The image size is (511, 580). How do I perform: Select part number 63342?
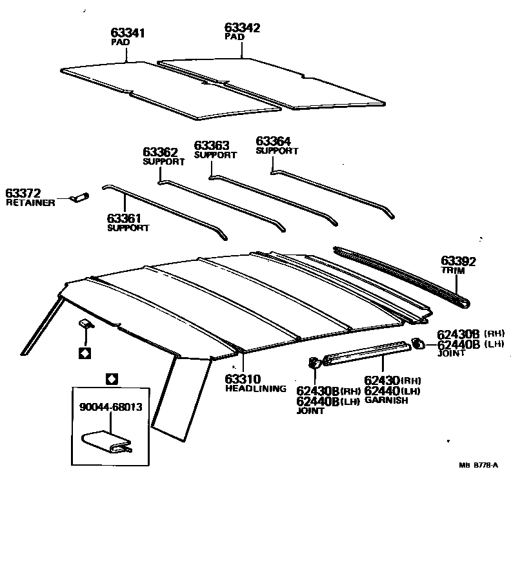(x=242, y=28)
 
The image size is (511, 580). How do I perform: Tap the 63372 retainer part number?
(x=23, y=193)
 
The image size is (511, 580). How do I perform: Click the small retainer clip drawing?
(x=80, y=196)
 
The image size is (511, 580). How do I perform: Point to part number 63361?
(x=125, y=219)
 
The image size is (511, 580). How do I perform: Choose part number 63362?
(x=160, y=152)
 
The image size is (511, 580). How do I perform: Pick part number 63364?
(x=274, y=141)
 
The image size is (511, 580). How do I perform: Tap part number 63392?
(x=458, y=261)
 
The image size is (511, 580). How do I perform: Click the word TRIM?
(x=453, y=271)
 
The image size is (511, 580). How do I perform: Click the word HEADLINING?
(x=255, y=389)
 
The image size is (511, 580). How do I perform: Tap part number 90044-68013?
(x=111, y=408)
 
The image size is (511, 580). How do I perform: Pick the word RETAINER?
(x=30, y=203)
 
